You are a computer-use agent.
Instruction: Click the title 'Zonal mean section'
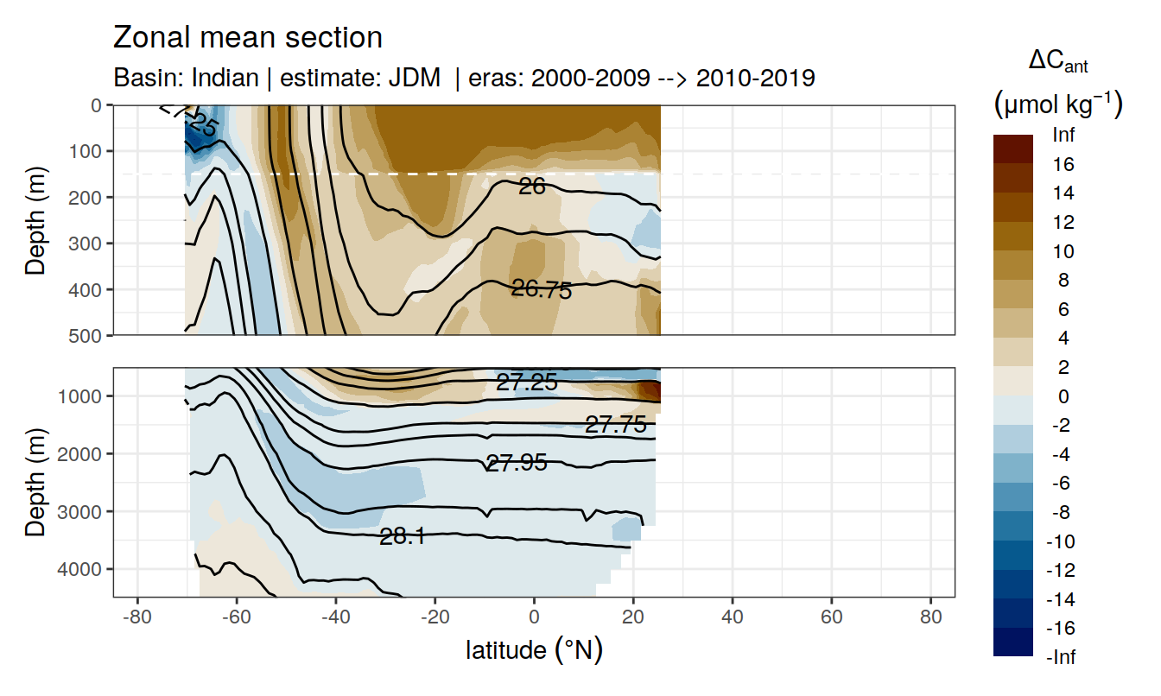247,38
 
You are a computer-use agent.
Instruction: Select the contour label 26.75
542,290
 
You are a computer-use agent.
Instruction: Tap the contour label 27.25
527,383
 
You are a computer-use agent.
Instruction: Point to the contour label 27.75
615,424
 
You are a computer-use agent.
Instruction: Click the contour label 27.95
516,463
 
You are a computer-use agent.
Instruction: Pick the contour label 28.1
402,536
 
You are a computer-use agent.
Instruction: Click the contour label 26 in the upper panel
532,186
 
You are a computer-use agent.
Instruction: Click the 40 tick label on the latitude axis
733,619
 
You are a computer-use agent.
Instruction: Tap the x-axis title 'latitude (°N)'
534,649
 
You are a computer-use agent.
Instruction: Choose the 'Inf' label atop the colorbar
1063,135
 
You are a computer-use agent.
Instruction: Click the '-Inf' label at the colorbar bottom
1062,658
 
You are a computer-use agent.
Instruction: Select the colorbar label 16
1063,164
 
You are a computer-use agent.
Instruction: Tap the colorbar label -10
1062,541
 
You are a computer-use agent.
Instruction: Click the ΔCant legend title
1057,62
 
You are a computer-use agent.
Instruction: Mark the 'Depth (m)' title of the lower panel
35,482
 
